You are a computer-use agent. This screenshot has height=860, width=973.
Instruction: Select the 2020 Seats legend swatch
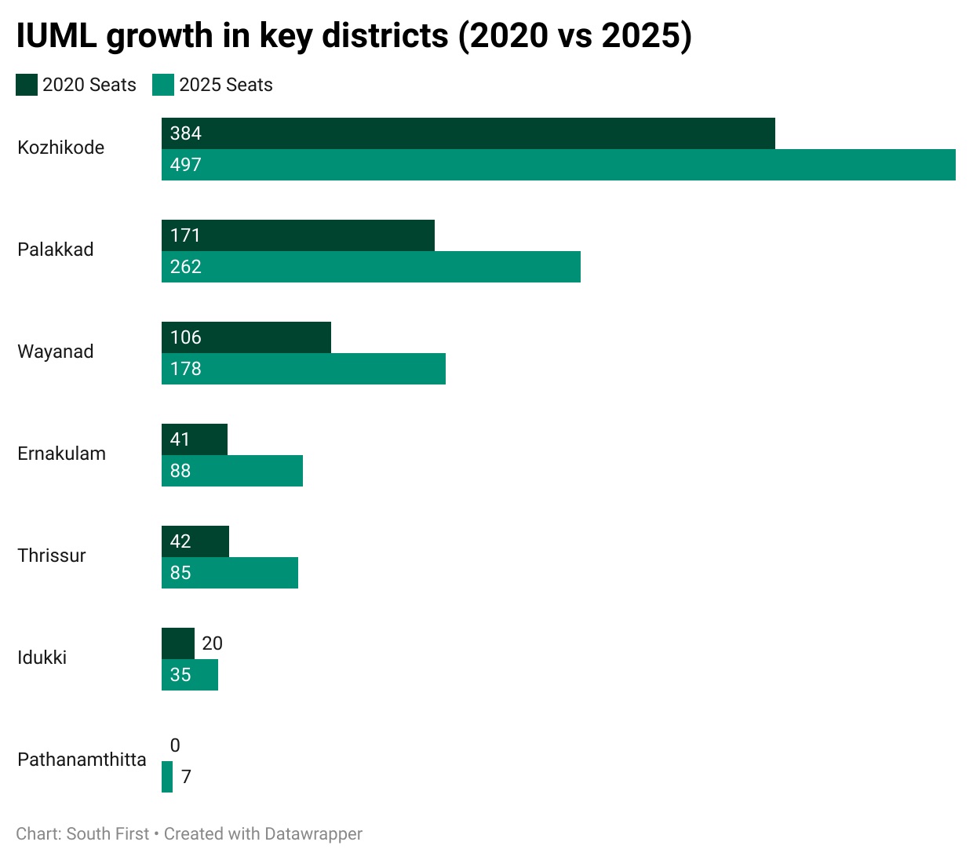point(27,85)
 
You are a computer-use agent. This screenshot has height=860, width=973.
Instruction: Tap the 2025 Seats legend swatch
point(163,85)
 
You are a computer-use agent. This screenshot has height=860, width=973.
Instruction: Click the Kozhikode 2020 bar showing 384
point(468,133)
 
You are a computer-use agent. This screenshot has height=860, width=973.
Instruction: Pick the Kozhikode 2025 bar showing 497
point(559,165)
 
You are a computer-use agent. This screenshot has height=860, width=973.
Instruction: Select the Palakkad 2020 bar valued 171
point(298,235)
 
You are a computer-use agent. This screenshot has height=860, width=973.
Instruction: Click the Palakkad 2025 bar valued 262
point(371,267)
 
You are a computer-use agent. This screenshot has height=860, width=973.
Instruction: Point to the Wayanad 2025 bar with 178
point(304,369)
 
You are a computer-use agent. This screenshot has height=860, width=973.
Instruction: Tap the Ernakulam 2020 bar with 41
point(195,439)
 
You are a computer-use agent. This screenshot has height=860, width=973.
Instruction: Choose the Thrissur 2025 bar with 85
point(230,573)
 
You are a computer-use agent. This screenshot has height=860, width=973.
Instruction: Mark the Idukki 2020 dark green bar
point(178,643)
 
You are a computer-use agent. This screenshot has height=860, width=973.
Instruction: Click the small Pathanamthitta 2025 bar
point(167,777)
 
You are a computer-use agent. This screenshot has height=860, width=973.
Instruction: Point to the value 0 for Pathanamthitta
point(175,745)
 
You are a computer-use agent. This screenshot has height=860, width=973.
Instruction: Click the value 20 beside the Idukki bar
point(212,643)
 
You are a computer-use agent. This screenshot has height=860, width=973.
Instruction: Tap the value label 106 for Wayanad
point(186,337)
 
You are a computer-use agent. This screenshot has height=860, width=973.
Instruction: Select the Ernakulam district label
point(61,454)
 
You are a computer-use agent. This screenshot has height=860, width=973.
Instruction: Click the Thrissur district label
point(52,556)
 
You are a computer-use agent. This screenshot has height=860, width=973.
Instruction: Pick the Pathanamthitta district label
point(82,760)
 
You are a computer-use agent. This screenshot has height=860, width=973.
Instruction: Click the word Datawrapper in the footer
point(313,834)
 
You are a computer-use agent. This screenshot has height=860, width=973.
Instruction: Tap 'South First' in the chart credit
point(108,834)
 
